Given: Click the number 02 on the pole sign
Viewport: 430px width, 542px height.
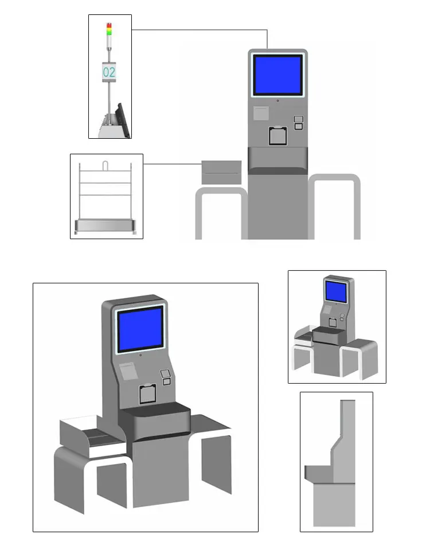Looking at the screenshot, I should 109,72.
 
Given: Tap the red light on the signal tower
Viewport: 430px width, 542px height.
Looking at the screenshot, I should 109,25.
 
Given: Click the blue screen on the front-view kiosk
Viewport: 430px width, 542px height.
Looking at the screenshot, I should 277,75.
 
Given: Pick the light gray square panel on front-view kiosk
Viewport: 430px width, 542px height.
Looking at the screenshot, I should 261,113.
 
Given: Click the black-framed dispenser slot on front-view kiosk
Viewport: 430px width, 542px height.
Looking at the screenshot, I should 277,135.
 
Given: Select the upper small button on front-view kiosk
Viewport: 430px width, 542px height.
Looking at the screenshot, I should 298,119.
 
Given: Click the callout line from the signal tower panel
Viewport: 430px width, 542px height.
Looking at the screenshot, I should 201,30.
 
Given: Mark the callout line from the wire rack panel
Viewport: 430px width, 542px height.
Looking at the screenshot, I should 172,164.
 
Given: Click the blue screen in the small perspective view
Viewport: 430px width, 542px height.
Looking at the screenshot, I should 336,291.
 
